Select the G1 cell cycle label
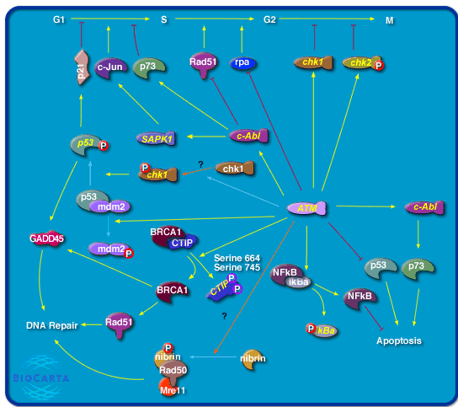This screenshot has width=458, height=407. pyautogui.click(x=58, y=18)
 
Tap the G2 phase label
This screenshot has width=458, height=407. pyautogui.click(x=270, y=18)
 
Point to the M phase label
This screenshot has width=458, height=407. pyautogui.click(x=391, y=18)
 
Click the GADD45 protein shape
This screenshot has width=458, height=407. pyautogui.click(x=44, y=239)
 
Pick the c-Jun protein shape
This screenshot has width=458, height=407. pyautogui.click(x=109, y=65)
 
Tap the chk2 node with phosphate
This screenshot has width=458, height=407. pyautogui.click(x=362, y=62)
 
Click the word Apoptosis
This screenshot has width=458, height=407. pyautogui.click(x=399, y=341)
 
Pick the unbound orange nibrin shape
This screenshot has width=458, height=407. pyautogui.click(x=253, y=359)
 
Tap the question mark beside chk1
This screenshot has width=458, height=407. pyautogui.click(x=201, y=163)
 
